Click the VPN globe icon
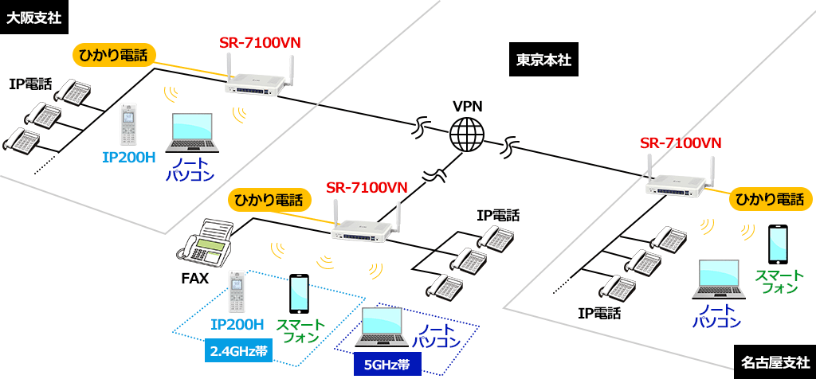point(467,135)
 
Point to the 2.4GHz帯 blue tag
point(237,350)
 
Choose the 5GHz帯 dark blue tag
point(386,365)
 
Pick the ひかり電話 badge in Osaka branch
point(113,55)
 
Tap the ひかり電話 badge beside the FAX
point(267,199)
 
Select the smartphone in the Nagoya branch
point(778,245)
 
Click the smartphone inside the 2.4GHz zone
point(299,295)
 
